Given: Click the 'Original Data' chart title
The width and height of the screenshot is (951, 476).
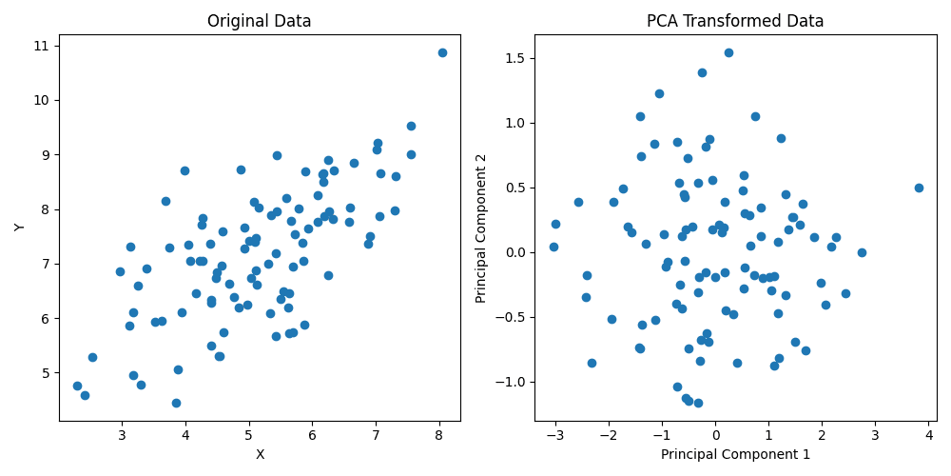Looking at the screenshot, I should point(260,21).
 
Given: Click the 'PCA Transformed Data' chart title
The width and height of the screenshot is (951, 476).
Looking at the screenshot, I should point(735,21).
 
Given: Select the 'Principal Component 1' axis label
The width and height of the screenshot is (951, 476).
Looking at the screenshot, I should point(735,454).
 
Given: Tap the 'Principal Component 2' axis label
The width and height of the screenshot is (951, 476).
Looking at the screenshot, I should point(482,228).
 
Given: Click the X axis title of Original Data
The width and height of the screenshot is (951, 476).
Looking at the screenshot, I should point(260,454).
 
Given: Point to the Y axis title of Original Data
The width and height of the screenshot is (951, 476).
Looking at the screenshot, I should point(20,228).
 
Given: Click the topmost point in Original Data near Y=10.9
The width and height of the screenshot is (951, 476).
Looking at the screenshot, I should point(442,52).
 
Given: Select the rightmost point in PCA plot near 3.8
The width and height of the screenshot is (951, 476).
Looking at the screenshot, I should point(919,188).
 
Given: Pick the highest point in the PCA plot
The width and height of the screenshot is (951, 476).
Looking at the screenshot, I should point(728,52).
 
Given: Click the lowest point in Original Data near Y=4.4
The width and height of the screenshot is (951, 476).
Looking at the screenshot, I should point(176,403).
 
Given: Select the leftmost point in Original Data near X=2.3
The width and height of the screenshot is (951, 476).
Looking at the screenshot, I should point(77,386).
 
